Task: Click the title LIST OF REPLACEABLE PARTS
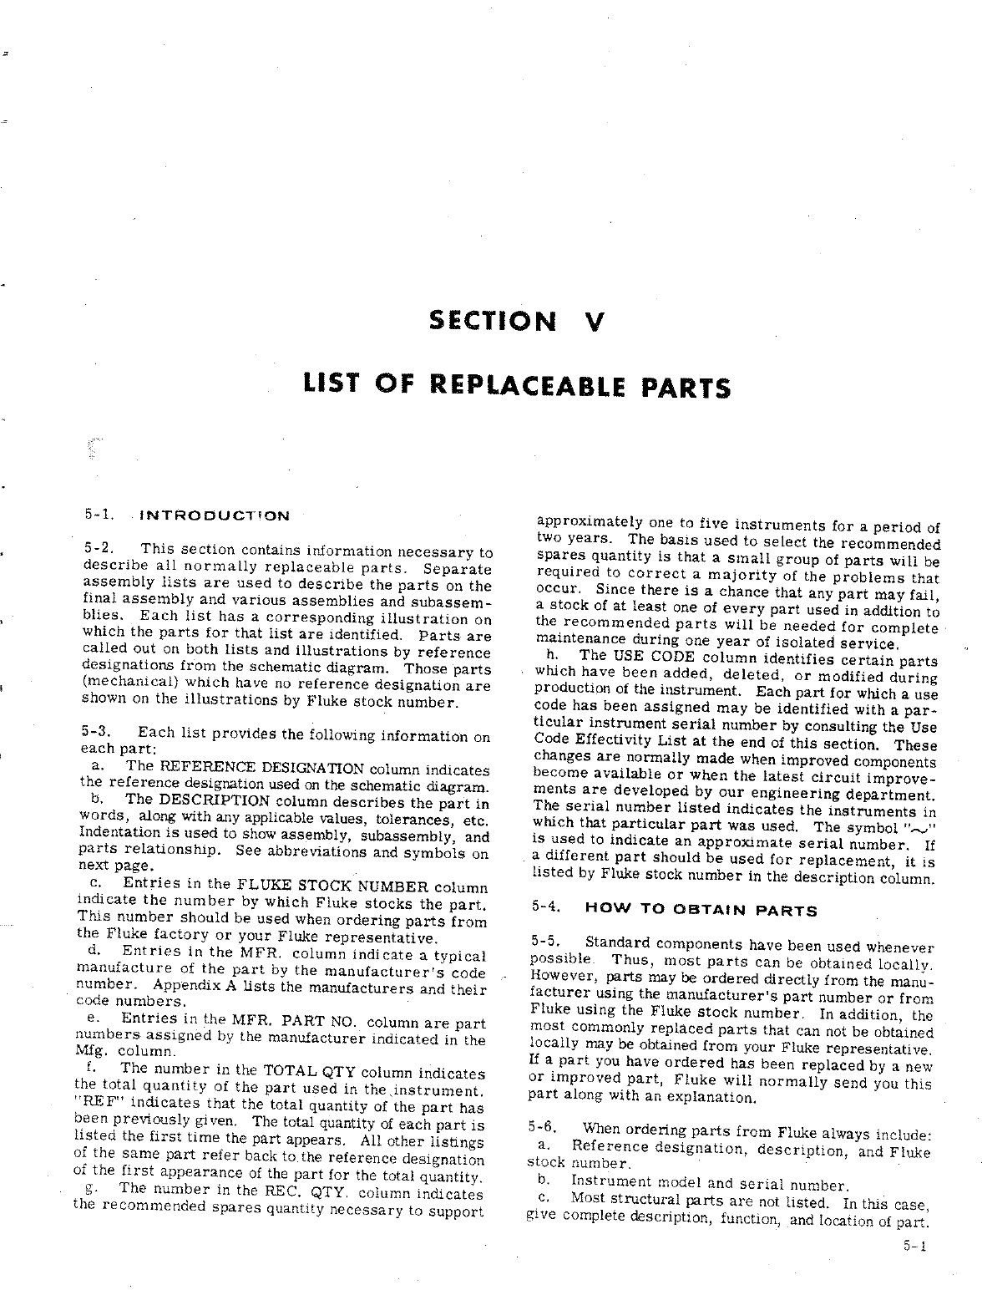515,386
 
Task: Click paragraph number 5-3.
97,731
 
